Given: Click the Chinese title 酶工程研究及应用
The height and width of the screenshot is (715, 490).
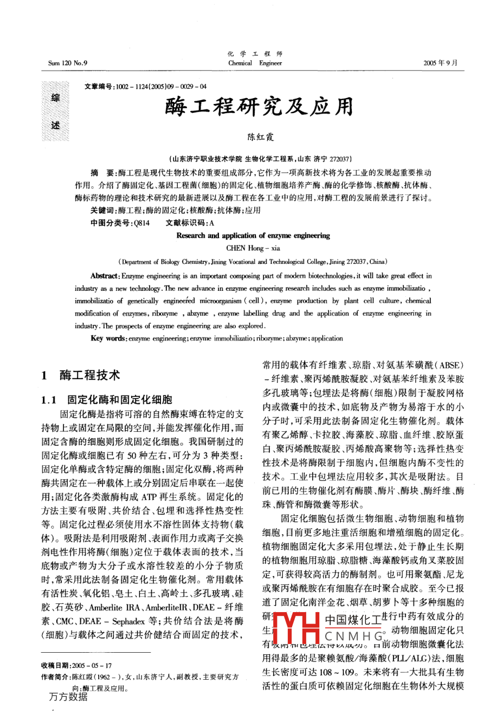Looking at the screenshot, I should (x=259, y=107).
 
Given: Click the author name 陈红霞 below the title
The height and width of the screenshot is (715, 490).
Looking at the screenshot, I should (x=261, y=137).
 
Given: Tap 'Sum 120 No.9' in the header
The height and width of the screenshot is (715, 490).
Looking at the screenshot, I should (x=68, y=63).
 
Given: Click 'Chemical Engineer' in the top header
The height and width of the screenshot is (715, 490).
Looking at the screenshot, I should (x=255, y=63).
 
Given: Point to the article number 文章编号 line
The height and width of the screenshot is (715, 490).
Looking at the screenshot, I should (x=146, y=87).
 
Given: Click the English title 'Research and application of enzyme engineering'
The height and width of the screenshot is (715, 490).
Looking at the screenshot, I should (x=253, y=236).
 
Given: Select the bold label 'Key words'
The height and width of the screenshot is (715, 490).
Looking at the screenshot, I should (x=107, y=339).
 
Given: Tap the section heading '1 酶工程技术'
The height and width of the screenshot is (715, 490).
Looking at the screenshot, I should (x=81, y=374).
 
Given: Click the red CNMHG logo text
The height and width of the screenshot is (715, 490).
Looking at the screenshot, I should (x=353, y=636).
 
